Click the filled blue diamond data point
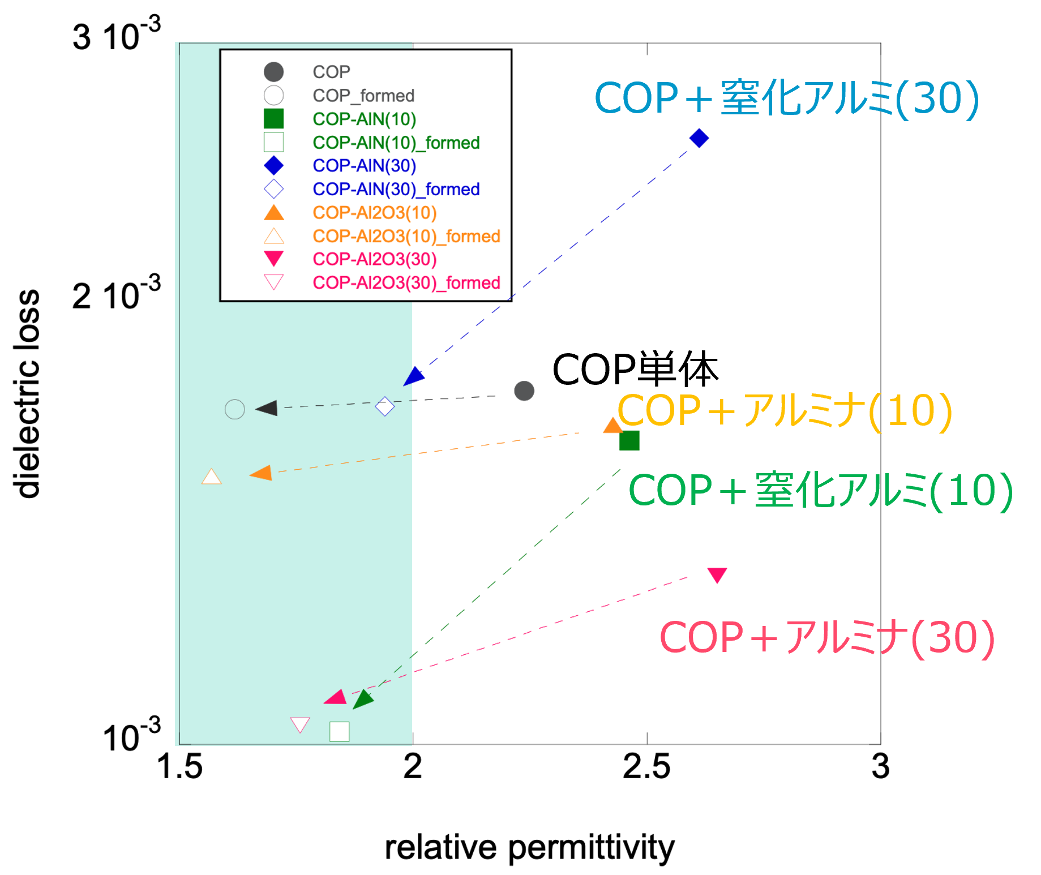(699, 138)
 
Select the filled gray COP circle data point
(524, 391)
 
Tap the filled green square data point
(629, 440)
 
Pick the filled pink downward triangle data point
(717, 575)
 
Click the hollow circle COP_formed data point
(235, 409)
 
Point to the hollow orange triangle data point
(212, 477)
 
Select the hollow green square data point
(340, 731)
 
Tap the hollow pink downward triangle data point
(300, 724)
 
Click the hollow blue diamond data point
(385, 406)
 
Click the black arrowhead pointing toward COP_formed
(267, 408)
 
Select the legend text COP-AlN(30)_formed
(396, 189)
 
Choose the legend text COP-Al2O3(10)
(375, 213)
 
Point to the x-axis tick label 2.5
(646, 766)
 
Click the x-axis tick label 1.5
(179, 766)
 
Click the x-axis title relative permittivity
(530, 847)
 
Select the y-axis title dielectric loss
(27, 393)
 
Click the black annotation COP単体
(635, 370)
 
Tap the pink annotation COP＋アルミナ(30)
(828, 638)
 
